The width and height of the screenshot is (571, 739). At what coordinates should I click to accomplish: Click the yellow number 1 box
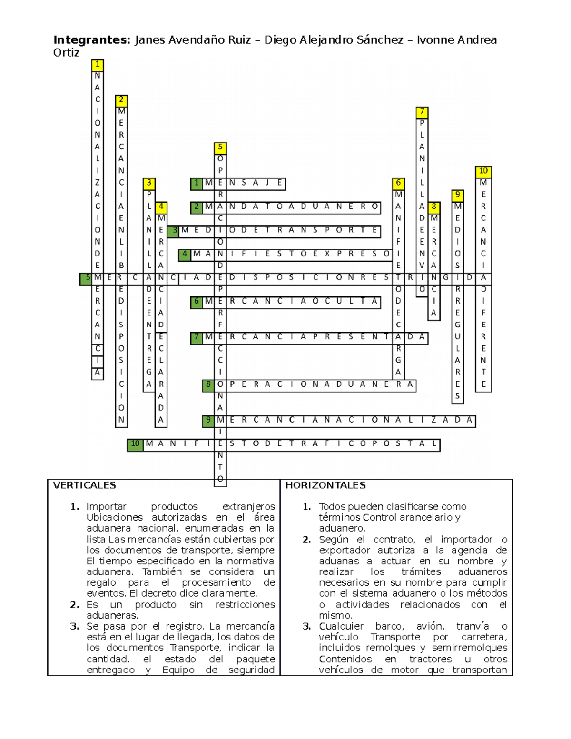pyautogui.click(x=98, y=65)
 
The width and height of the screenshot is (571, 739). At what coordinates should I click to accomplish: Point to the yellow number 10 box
pyautogui.click(x=483, y=171)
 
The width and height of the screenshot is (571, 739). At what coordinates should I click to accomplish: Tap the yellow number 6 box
pyautogui.click(x=398, y=183)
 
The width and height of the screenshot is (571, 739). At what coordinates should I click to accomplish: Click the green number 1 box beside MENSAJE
pyautogui.click(x=197, y=183)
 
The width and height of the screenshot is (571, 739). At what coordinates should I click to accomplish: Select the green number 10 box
pyautogui.click(x=135, y=444)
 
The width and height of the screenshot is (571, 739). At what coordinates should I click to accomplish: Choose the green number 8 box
pyautogui.click(x=208, y=385)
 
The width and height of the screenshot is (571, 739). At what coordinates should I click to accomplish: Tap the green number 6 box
pyautogui.click(x=197, y=302)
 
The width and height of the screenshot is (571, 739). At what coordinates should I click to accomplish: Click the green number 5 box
pyautogui.click(x=86, y=278)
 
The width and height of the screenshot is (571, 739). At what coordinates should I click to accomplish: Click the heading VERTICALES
pyautogui.click(x=84, y=485)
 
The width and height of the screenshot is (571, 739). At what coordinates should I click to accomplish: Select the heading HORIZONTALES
pyautogui.click(x=325, y=485)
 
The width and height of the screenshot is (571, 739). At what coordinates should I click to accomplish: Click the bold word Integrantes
pyautogui.click(x=91, y=40)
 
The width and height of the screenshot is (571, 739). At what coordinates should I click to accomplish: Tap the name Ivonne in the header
pyautogui.click(x=435, y=40)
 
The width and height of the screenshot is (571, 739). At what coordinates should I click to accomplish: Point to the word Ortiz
pyautogui.click(x=66, y=53)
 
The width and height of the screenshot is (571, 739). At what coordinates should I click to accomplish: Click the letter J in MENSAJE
pyautogui.click(x=267, y=183)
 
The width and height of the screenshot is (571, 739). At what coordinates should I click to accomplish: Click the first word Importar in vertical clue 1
pyautogui.click(x=106, y=507)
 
